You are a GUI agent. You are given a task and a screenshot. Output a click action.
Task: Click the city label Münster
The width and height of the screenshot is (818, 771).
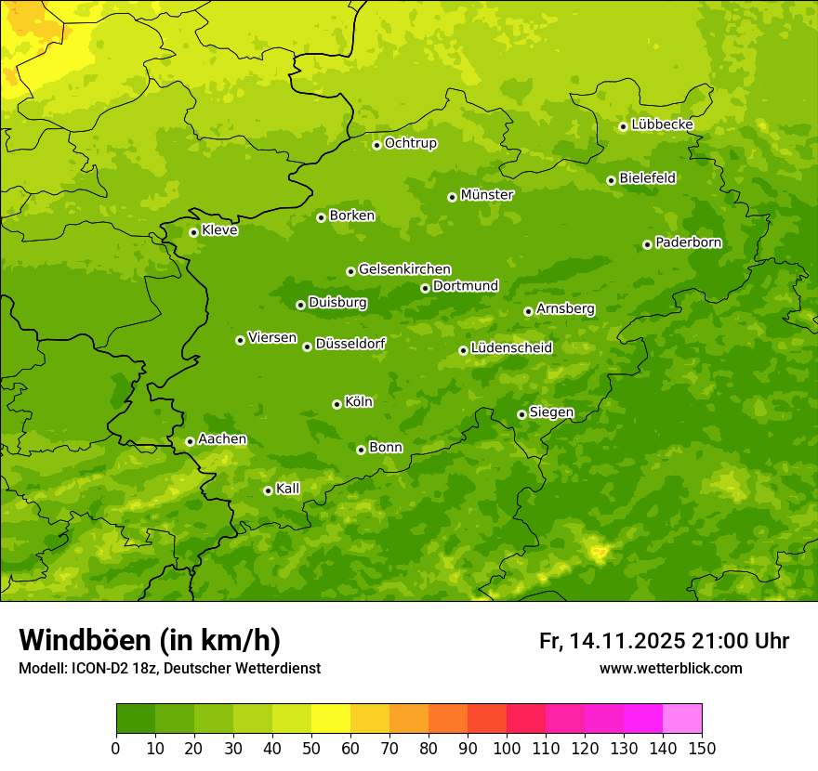click(486, 195)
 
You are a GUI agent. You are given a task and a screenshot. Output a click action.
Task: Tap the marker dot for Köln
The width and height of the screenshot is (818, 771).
click(336, 404)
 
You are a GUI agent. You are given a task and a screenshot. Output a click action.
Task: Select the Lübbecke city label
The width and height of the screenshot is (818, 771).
click(662, 124)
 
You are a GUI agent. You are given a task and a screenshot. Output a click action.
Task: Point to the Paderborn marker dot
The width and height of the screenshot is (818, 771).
click(647, 244)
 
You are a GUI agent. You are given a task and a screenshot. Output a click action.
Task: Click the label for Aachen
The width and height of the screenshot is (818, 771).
click(222, 439)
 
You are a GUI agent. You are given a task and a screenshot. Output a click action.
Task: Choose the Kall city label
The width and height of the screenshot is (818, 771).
click(288, 489)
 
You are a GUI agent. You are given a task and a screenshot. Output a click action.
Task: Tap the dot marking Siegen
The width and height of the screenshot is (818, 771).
click(521, 414)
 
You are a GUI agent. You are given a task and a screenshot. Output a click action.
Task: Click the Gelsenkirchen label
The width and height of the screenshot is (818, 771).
click(404, 269)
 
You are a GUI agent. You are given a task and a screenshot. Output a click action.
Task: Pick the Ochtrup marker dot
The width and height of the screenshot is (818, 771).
click(376, 145)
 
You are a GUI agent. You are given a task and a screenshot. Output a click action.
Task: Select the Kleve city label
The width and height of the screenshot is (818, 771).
click(219, 230)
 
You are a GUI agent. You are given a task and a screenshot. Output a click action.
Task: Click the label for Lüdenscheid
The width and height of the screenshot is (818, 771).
click(511, 348)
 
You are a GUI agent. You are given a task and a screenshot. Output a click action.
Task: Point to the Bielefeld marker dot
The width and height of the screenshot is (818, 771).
click(611, 180)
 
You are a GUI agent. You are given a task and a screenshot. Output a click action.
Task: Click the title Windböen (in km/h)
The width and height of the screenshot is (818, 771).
click(150, 640)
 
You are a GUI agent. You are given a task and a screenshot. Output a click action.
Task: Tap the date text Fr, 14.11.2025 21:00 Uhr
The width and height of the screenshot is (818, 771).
click(664, 641)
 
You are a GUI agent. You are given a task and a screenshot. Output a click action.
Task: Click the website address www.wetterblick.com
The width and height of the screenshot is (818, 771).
click(670, 668)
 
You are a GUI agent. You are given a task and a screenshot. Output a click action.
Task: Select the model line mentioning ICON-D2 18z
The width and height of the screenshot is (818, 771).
click(169, 668)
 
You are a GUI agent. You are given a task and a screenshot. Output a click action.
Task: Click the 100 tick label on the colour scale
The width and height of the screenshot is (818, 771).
click(507, 748)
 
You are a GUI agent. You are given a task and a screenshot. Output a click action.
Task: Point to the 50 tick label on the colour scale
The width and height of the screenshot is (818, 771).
click(311, 748)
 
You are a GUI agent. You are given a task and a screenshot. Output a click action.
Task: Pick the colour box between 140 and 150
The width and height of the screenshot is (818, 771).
click(682, 719)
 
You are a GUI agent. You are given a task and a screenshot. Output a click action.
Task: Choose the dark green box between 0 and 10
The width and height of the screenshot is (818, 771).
click(136, 719)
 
